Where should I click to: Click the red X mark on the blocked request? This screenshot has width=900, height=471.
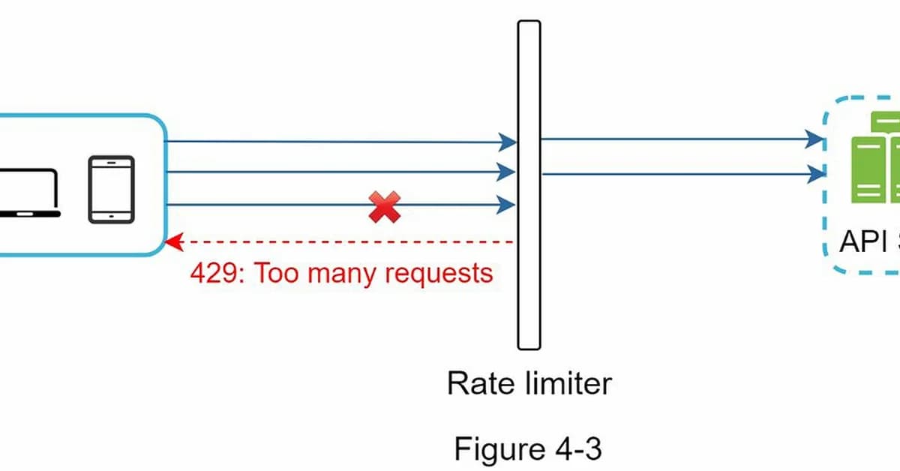384,207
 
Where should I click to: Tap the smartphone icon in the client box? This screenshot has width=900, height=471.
111,189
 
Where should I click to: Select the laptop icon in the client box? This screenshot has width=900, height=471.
30,193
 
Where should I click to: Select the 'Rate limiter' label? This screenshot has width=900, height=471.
529,383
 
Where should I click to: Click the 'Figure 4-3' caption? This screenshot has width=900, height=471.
528,449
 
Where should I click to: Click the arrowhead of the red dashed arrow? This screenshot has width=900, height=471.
173,242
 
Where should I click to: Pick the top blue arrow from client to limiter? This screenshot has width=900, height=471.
337,141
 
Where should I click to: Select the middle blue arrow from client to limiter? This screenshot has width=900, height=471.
337,172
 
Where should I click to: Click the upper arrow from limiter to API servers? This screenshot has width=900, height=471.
675,139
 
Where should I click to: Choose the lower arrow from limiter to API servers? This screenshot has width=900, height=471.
675,174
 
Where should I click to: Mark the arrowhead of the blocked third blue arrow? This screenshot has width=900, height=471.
508,204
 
